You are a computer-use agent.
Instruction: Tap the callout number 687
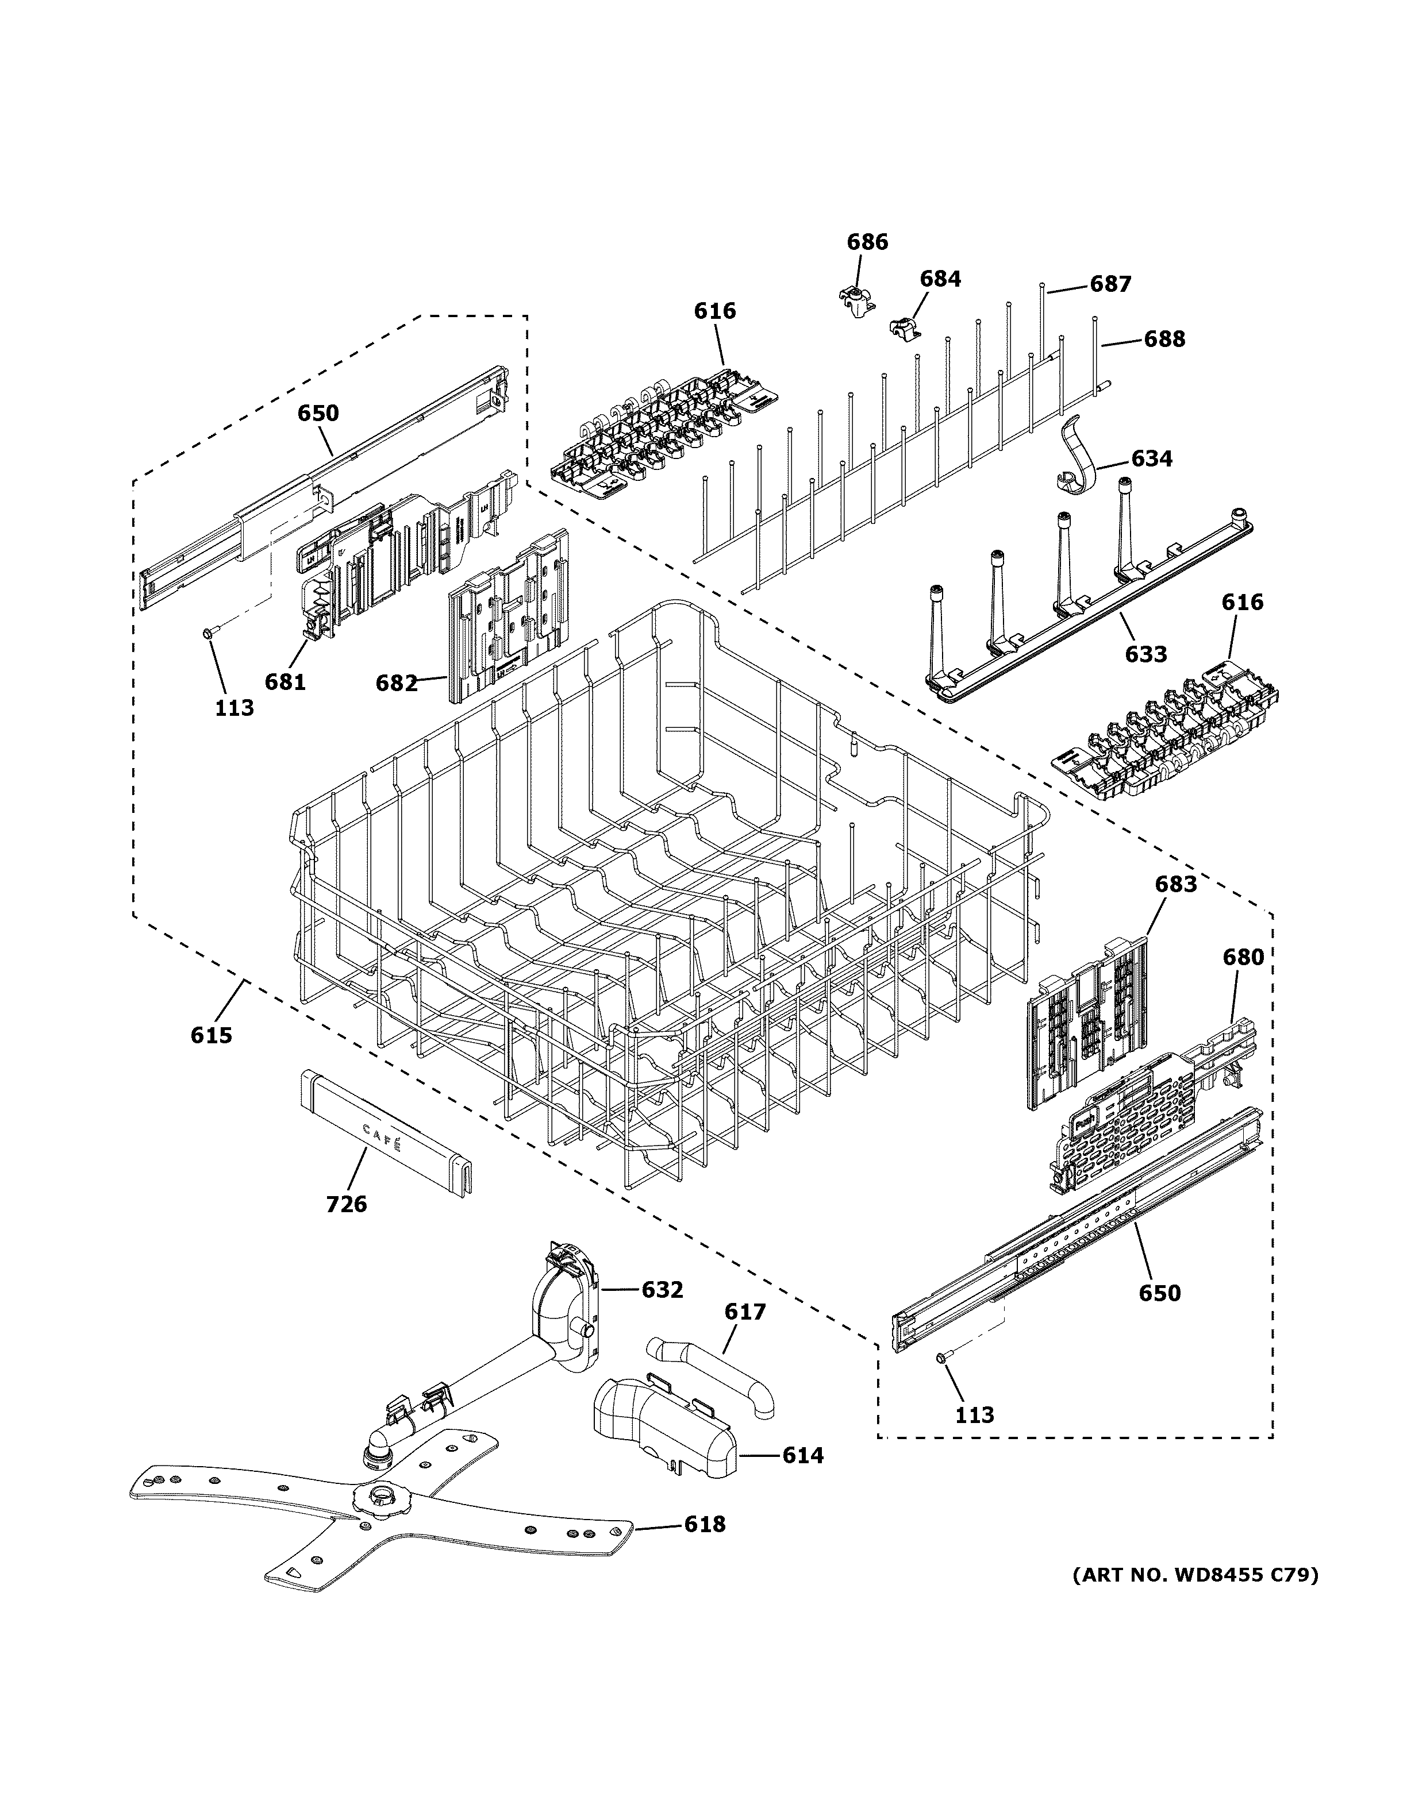1110,284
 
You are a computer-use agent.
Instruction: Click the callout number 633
1145,654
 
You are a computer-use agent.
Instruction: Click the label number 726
347,1204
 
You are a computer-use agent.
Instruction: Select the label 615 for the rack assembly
211,1035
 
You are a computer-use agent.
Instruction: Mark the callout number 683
1175,884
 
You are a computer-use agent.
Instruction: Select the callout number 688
1164,339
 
